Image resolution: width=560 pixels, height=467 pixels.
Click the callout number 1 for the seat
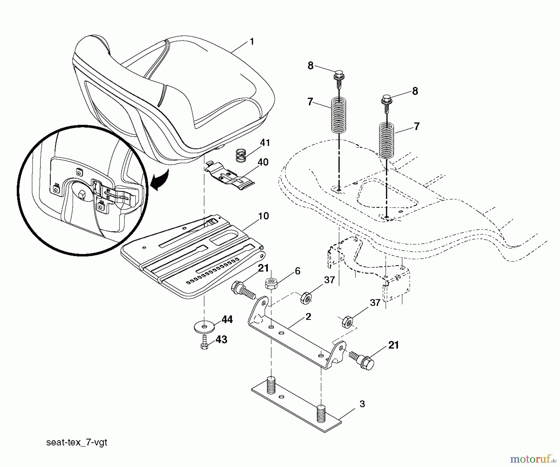pyautogui.click(x=252, y=41)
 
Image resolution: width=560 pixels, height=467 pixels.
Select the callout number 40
pyautogui.click(x=263, y=162)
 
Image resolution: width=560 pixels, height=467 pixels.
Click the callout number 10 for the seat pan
pyautogui.click(x=263, y=216)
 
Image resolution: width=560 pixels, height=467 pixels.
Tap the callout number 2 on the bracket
pyautogui.click(x=308, y=317)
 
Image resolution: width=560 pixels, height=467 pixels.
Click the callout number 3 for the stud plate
pyautogui.click(x=362, y=404)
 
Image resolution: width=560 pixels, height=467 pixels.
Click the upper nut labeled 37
pyautogui.click(x=306, y=298)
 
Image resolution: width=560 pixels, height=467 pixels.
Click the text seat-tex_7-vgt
pyautogui.click(x=77, y=442)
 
